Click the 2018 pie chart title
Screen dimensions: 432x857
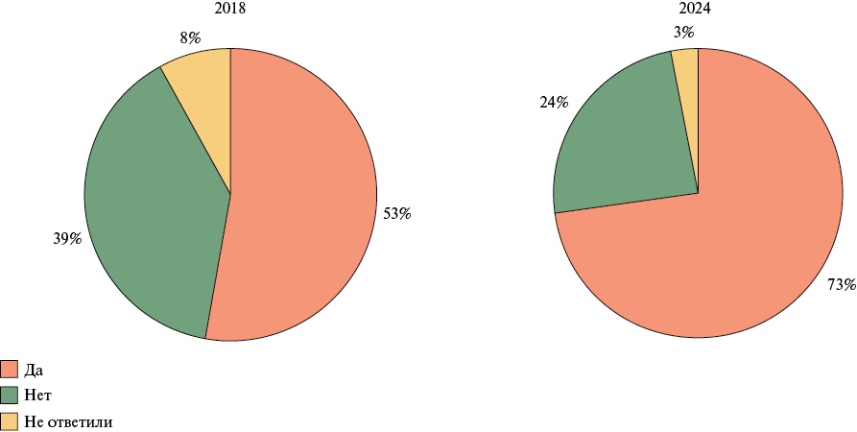tap(230, 9)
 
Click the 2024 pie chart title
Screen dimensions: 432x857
tap(698, 9)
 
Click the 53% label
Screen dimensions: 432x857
tap(397, 214)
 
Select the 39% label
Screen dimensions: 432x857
tap(66, 238)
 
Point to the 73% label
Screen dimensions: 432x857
tap(841, 285)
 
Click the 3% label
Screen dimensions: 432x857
tap(683, 33)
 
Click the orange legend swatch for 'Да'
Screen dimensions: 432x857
tap(10, 370)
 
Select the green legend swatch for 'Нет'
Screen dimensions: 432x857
tap(10, 395)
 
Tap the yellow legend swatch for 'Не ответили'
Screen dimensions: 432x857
tap(10, 420)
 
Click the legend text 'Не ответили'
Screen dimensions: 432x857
tap(70, 420)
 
